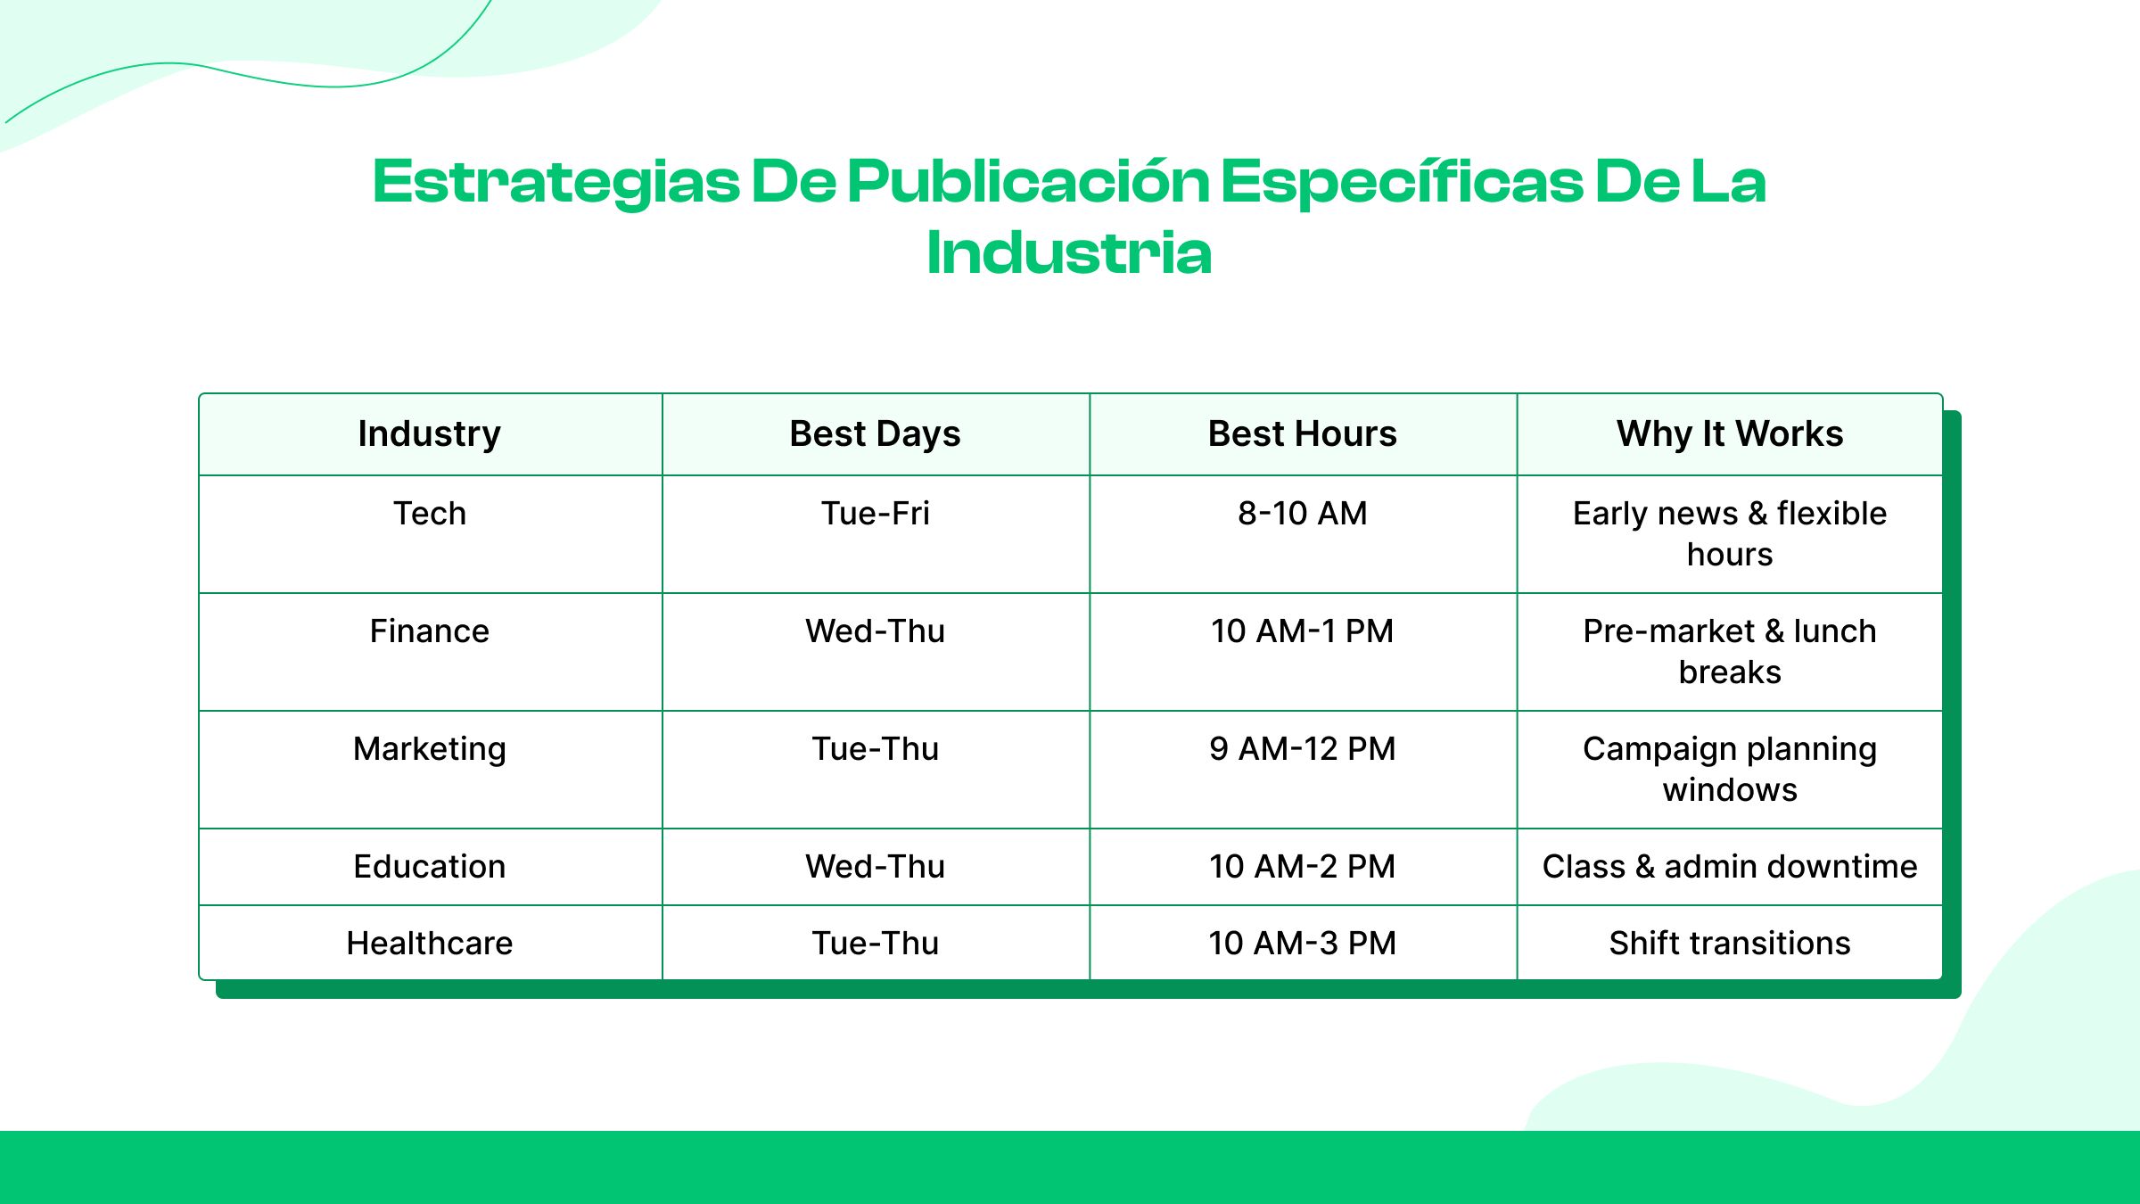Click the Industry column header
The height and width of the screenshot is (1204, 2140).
[x=430, y=434]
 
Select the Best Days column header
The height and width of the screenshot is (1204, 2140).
[x=875, y=434]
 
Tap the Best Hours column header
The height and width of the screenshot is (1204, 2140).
[x=1302, y=434]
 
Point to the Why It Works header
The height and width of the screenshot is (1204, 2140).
[x=1730, y=434]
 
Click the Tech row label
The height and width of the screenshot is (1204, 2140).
[x=430, y=514]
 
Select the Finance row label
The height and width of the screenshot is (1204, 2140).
[x=430, y=631]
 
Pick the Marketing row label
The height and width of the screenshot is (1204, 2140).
[x=430, y=749]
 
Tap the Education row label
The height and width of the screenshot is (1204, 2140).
[x=430, y=867]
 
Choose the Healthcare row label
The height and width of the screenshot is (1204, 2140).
[x=430, y=944]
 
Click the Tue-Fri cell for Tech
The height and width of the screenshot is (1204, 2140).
[x=875, y=514]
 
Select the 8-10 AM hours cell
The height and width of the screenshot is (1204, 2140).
[x=1302, y=514]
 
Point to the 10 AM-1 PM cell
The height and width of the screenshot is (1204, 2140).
[x=1302, y=631]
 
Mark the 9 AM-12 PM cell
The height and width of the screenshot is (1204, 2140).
[x=1302, y=749]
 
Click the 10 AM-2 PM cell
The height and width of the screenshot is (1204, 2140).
[x=1302, y=867]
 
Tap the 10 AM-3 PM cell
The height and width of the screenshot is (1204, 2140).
[x=1302, y=944]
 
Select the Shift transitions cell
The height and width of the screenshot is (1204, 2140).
[x=1730, y=944]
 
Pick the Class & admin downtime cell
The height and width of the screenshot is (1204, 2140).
[x=1730, y=867]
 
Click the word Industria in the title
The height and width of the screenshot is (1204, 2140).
[x=1069, y=253]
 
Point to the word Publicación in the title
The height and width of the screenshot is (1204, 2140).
[x=1028, y=182]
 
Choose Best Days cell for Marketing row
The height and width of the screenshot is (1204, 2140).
[x=875, y=749]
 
